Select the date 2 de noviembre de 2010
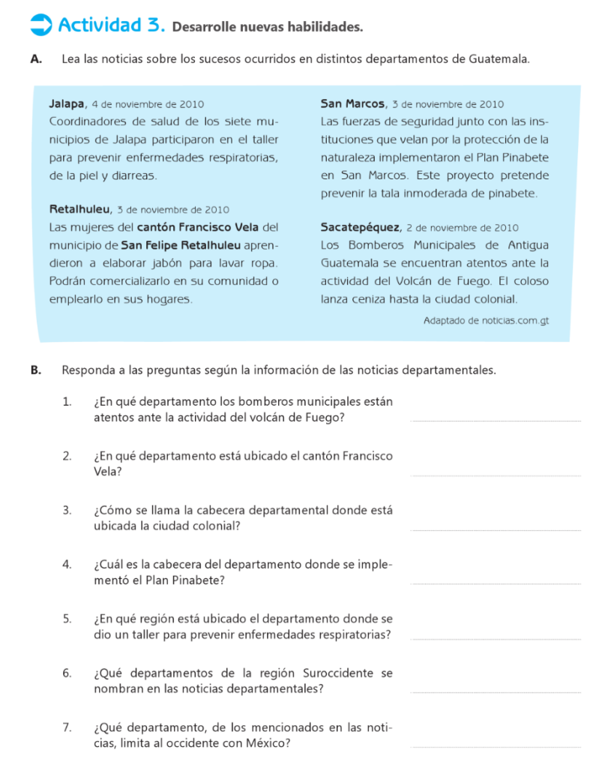pyautogui.click(x=463, y=228)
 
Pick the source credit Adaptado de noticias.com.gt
pyautogui.click(x=486, y=320)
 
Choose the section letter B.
pyautogui.click(x=35, y=370)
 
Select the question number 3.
pyautogui.click(x=67, y=511)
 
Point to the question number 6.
pyautogui.click(x=67, y=673)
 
